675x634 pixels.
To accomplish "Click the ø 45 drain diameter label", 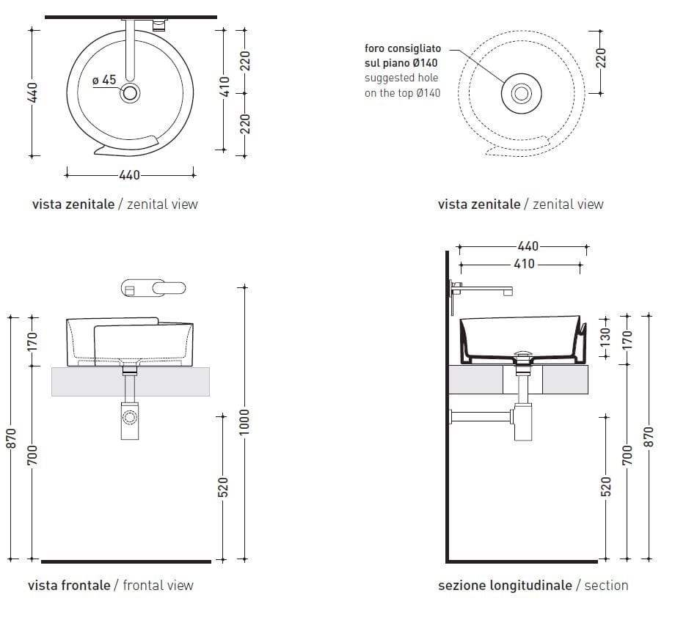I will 105,80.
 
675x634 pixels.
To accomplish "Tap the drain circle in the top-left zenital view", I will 131,93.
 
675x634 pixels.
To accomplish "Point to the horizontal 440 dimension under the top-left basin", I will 129,174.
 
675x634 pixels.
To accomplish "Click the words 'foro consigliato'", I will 403,49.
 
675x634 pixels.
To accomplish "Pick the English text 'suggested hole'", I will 401,78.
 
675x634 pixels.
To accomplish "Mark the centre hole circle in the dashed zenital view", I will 521,93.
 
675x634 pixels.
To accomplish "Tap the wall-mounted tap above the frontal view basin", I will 153,288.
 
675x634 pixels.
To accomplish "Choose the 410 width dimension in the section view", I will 525,264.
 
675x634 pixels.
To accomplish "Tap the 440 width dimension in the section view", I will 528,247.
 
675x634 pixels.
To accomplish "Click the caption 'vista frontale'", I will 69,585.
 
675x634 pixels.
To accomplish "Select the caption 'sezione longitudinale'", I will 505,585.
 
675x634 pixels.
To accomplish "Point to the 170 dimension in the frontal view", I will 32,341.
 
